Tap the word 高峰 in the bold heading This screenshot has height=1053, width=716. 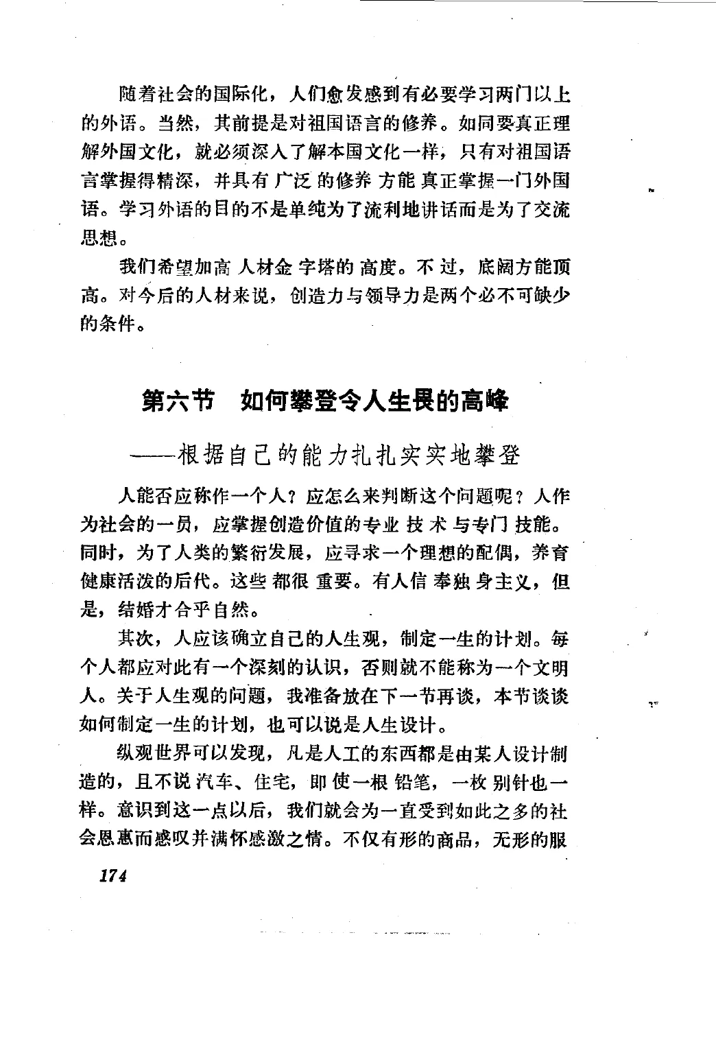pos(485,401)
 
